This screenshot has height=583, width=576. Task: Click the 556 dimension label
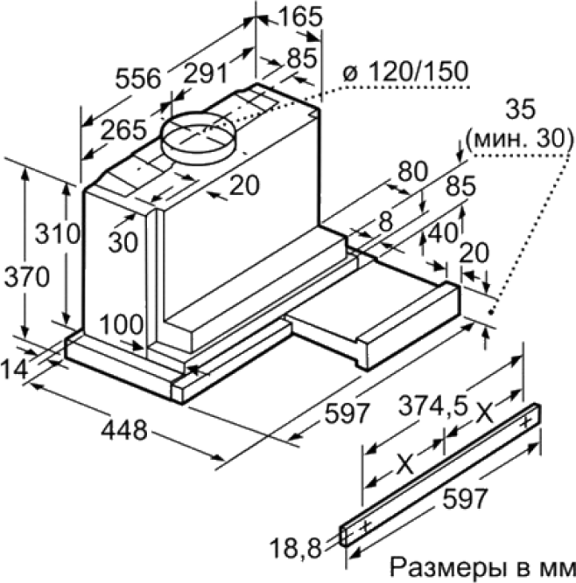pyautogui.click(x=138, y=79)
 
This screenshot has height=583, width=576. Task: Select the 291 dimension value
pyautogui.click(x=206, y=73)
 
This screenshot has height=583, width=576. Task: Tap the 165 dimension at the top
pyautogui.click(x=300, y=17)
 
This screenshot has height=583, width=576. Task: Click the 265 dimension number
pyautogui.click(x=123, y=129)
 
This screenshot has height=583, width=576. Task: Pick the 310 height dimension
pyautogui.click(x=58, y=234)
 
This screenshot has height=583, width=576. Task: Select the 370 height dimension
pyautogui.click(x=26, y=277)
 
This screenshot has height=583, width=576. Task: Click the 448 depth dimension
pyautogui.click(x=124, y=431)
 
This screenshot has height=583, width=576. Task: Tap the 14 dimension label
pyautogui.click(x=14, y=370)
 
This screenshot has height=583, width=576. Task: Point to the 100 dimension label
pyautogui.click(x=122, y=325)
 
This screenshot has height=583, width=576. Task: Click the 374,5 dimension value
pyautogui.click(x=432, y=406)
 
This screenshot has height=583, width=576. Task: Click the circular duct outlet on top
pyautogui.click(x=200, y=136)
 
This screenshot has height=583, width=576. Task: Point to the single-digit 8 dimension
pyautogui.click(x=385, y=222)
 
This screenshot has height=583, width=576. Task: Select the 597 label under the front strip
pyautogui.click(x=465, y=498)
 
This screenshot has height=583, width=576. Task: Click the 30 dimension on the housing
pyautogui.click(x=123, y=242)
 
